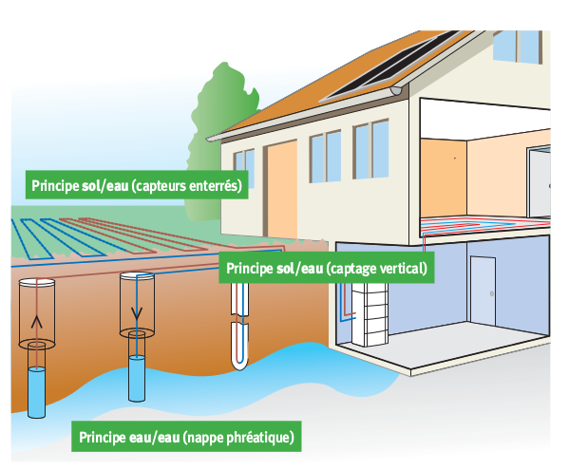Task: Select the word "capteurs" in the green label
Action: (x=160, y=186)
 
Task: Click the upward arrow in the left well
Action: (x=37, y=321)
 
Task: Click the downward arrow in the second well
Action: (x=137, y=313)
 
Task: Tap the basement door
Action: (x=483, y=291)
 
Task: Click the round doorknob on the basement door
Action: (x=492, y=293)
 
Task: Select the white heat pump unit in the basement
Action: (x=370, y=313)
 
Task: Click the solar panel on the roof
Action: (x=390, y=66)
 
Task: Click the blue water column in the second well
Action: (x=137, y=379)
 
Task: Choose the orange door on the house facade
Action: (x=282, y=190)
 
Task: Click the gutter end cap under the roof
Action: (x=395, y=90)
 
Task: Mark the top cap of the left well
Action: (x=37, y=282)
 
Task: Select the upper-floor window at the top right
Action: (x=518, y=47)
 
